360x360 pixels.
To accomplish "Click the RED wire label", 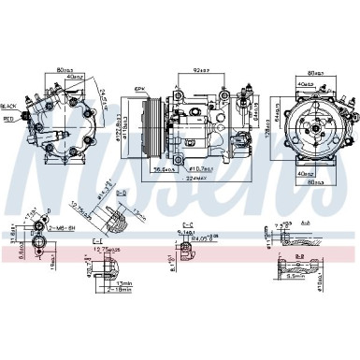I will [x=8, y=120].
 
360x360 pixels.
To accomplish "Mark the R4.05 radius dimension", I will [x=199, y=239].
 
